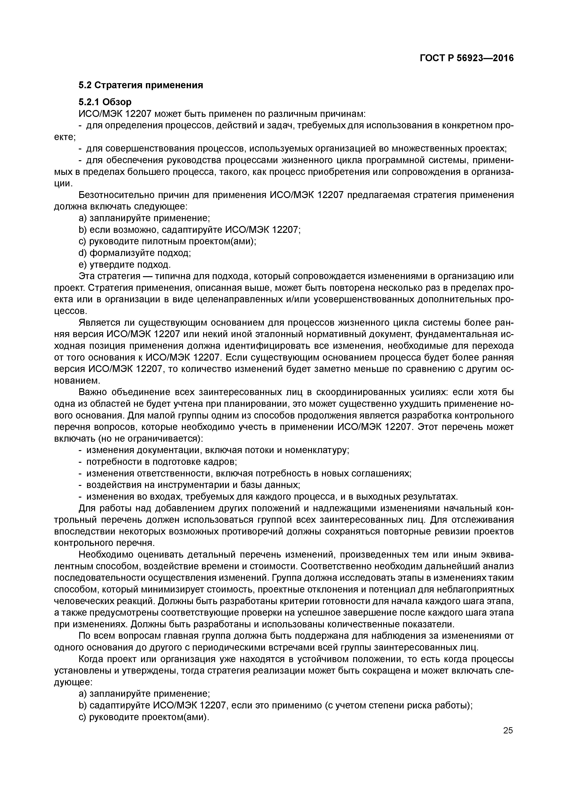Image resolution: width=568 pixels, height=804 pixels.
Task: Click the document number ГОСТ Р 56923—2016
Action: tap(467, 58)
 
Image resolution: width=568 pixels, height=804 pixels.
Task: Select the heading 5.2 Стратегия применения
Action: tap(140, 85)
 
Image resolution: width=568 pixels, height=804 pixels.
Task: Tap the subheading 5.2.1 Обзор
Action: tap(105, 102)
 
